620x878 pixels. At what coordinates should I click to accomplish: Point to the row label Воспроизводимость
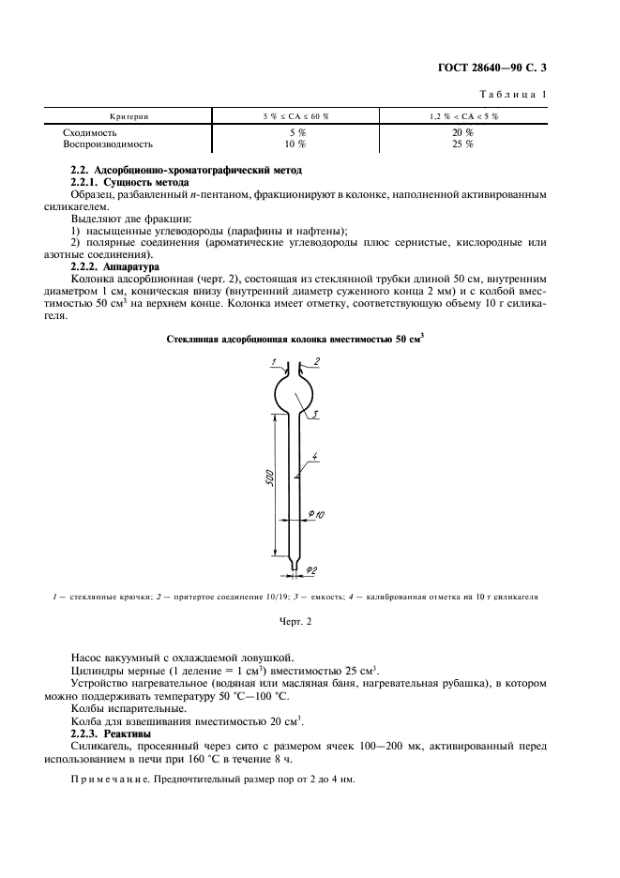(x=107, y=144)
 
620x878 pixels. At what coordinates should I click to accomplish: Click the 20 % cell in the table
(x=462, y=133)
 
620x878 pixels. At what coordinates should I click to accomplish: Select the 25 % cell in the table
(x=462, y=144)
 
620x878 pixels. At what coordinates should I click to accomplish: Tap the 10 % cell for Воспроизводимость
(x=295, y=144)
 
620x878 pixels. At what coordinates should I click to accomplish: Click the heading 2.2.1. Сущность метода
(x=131, y=181)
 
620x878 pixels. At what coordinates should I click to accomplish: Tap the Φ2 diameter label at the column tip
(x=312, y=569)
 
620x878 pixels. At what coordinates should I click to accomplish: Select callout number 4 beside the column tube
(x=315, y=457)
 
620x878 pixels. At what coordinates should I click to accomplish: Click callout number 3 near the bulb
(x=315, y=414)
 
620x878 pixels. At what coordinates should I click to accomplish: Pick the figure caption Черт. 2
(x=295, y=621)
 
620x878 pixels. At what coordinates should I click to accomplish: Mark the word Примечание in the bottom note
(x=109, y=780)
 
